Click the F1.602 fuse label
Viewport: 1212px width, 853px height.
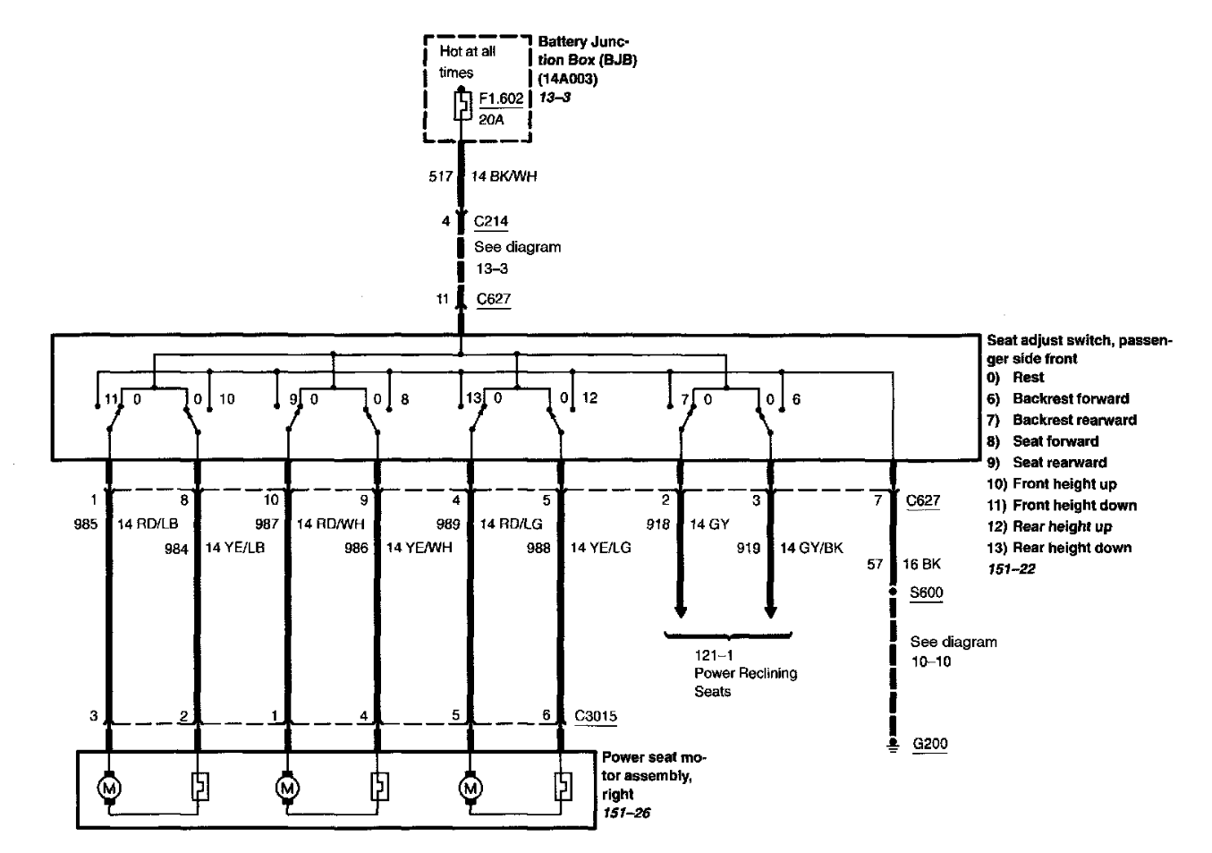(501, 98)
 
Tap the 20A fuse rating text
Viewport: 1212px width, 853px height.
(491, 119)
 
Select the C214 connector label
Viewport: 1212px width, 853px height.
(491, 221)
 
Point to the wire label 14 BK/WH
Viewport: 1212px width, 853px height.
(504, 176)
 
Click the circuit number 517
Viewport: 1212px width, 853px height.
(440, 176)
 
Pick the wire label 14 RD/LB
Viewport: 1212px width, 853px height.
(148, 524)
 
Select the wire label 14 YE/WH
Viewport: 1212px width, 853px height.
(419, 548)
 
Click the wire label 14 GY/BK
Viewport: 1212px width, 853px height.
(811, 548)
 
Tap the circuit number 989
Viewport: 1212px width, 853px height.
(448, 524)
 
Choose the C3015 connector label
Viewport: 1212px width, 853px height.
(595, 716)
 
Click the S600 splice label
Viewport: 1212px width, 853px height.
(926, 592)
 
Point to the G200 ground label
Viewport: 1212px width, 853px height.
(929, 743)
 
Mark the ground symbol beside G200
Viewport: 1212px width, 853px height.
(893, 746)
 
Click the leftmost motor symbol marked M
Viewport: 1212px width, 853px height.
(109, 788)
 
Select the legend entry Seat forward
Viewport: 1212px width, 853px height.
(1055, 441)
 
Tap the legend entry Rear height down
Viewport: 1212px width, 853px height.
(1072, 548)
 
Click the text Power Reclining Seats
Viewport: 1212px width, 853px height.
(746, 682)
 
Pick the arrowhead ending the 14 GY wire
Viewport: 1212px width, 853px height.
(681, 612)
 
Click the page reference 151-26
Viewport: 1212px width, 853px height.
(626, 813)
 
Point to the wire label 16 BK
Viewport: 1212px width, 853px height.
(921, 564)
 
